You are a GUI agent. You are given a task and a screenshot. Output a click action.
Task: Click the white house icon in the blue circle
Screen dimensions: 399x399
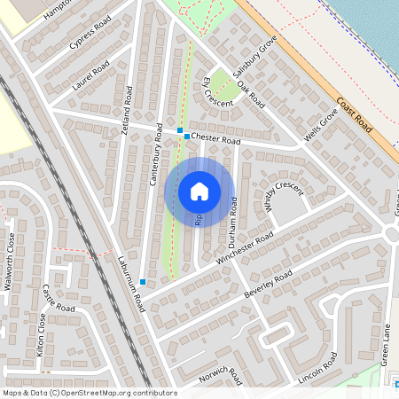coord(199,192)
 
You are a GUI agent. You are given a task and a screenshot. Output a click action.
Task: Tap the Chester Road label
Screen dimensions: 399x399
coord(215,140)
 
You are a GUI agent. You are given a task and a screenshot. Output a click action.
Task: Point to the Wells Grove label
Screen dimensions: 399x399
coord(321,124)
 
